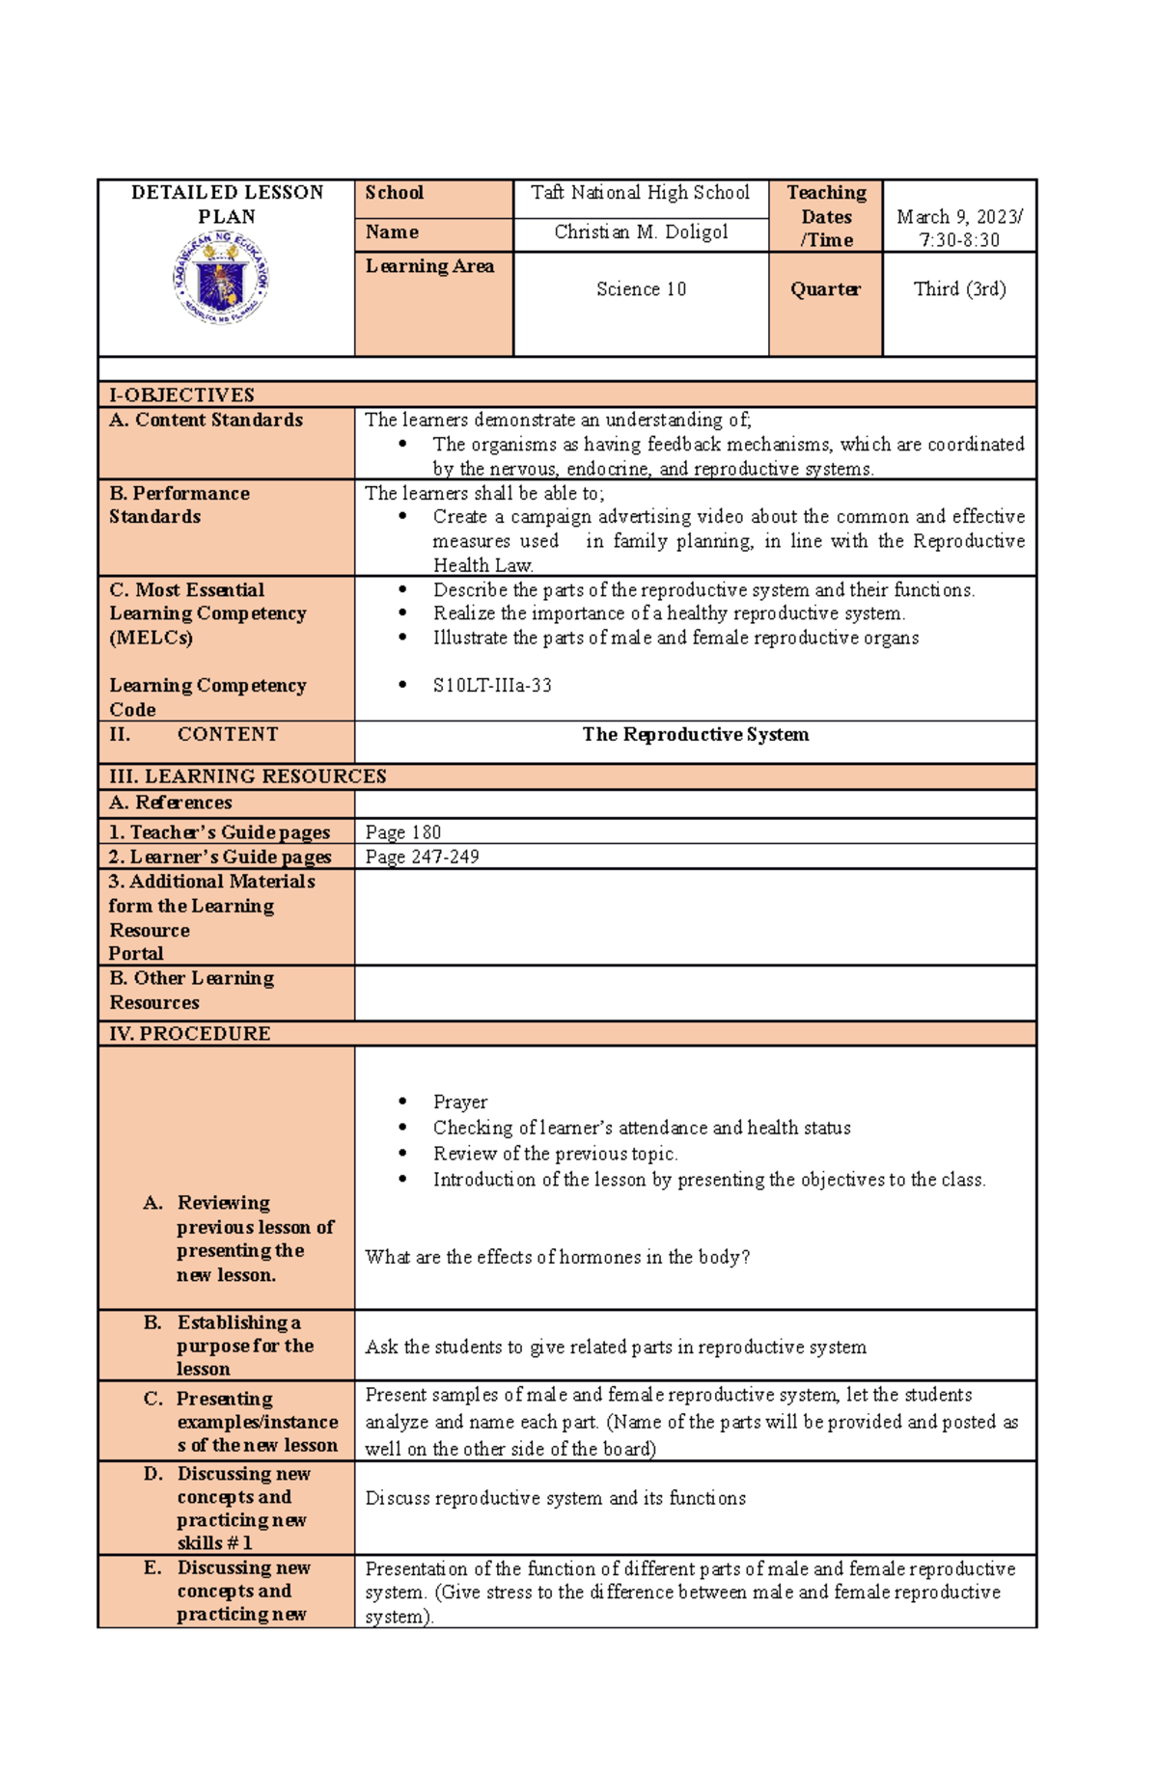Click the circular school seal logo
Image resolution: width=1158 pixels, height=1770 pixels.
tap(221, 279)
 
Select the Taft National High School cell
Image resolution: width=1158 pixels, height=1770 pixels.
tap(640, 193)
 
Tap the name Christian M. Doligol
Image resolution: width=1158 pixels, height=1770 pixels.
tap(640, 232)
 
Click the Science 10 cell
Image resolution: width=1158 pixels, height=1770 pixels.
tap(641, 289)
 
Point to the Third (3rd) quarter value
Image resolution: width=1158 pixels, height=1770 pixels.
tap(959, 289)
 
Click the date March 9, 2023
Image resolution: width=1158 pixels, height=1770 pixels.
tap(958, 217)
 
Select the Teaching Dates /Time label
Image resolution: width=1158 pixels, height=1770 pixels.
tap(826, 216)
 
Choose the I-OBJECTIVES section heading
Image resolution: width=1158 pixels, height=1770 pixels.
tap(181, 395)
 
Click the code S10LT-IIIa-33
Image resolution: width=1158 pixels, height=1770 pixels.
tap(492, 686)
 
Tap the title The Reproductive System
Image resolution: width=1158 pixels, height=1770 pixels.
tap(695, 735)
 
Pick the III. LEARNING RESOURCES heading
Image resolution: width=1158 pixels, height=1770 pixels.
tap(247, 776)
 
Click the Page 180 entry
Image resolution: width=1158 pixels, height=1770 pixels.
tap(402, 832)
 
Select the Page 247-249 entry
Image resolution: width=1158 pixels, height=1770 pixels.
tap(422, 857)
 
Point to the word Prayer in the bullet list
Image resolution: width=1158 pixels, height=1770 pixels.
tap(459, 1102)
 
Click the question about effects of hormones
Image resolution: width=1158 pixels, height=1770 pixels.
tap(557, 1257)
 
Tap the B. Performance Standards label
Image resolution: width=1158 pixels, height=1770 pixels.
tap(179, 504)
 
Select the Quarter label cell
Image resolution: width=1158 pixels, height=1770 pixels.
tap(825, 289)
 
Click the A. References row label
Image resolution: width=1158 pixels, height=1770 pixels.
tap(171, 803)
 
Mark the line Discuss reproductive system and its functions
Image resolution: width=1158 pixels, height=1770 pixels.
tap(555, 1498)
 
